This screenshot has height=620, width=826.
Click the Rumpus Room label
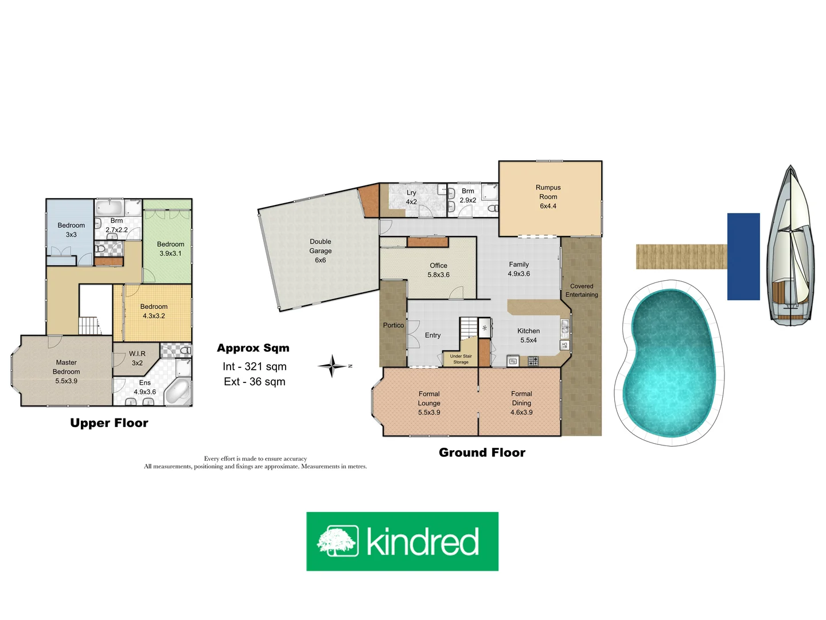[x=548, y=196]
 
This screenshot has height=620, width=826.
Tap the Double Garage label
[x=320, y=251]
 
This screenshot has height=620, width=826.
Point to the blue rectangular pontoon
[x=743, y=257]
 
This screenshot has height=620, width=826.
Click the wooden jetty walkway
[x=681, y=257]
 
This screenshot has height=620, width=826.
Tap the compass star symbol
[x=332, y=366]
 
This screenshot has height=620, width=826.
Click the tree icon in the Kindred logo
[x=338, y=541]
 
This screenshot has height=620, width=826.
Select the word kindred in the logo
[x=423, y=542]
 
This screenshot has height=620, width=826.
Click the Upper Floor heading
[x=109, y=423]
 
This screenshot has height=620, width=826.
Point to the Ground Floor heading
[x=482, y=452]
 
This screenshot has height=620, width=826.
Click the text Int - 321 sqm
[x=254, y=366]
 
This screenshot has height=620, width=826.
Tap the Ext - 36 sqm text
[x=254, y=382]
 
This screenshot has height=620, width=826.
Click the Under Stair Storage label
[x=461, y=359]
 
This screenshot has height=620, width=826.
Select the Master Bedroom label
[x=66, y=371]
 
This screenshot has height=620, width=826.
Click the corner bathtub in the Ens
[x=178, y=392]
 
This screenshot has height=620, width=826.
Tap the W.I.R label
[x=137, y=358]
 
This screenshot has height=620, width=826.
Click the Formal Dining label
[x=521, y=403]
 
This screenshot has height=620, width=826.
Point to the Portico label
[x=393, y=325]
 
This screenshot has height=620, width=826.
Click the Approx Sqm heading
[x=253, y=348]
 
